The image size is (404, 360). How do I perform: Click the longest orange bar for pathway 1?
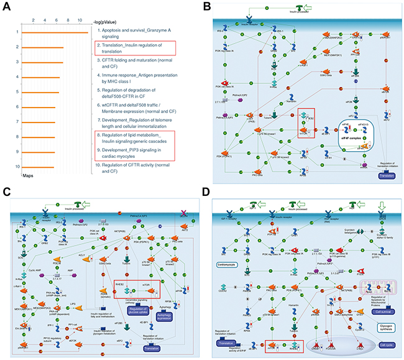tap(54, 32)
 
